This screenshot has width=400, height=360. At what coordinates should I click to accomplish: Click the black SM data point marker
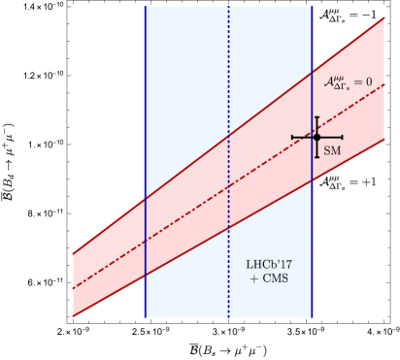point(317,137)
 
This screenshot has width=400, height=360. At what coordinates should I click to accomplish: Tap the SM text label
point(332,151)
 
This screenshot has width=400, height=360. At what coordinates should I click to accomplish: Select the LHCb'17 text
point(267,264)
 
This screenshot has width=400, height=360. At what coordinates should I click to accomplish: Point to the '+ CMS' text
point(267,279)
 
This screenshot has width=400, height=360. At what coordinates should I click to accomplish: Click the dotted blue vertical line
point(229,58)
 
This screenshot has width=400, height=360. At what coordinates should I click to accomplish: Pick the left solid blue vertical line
point(146,97)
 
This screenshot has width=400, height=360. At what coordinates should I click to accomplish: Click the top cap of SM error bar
point(317,117)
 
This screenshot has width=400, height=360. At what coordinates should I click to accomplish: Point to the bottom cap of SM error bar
point(317,155)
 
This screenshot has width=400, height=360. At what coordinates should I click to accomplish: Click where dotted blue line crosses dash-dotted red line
point(229,186)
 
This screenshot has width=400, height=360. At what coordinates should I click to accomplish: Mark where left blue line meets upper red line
point(146,199)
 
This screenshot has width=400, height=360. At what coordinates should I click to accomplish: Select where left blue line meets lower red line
point(146,276)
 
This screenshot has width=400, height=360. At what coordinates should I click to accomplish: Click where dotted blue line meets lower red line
point(229,228)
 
